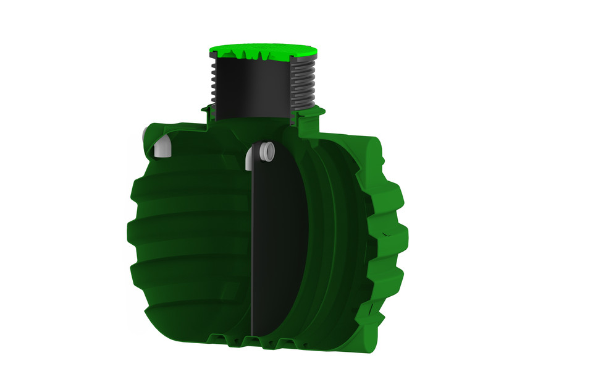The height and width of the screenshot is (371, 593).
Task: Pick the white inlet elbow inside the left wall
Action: [x=161, y=148]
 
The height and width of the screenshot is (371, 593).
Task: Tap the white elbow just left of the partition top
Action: [x=250, y=158]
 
